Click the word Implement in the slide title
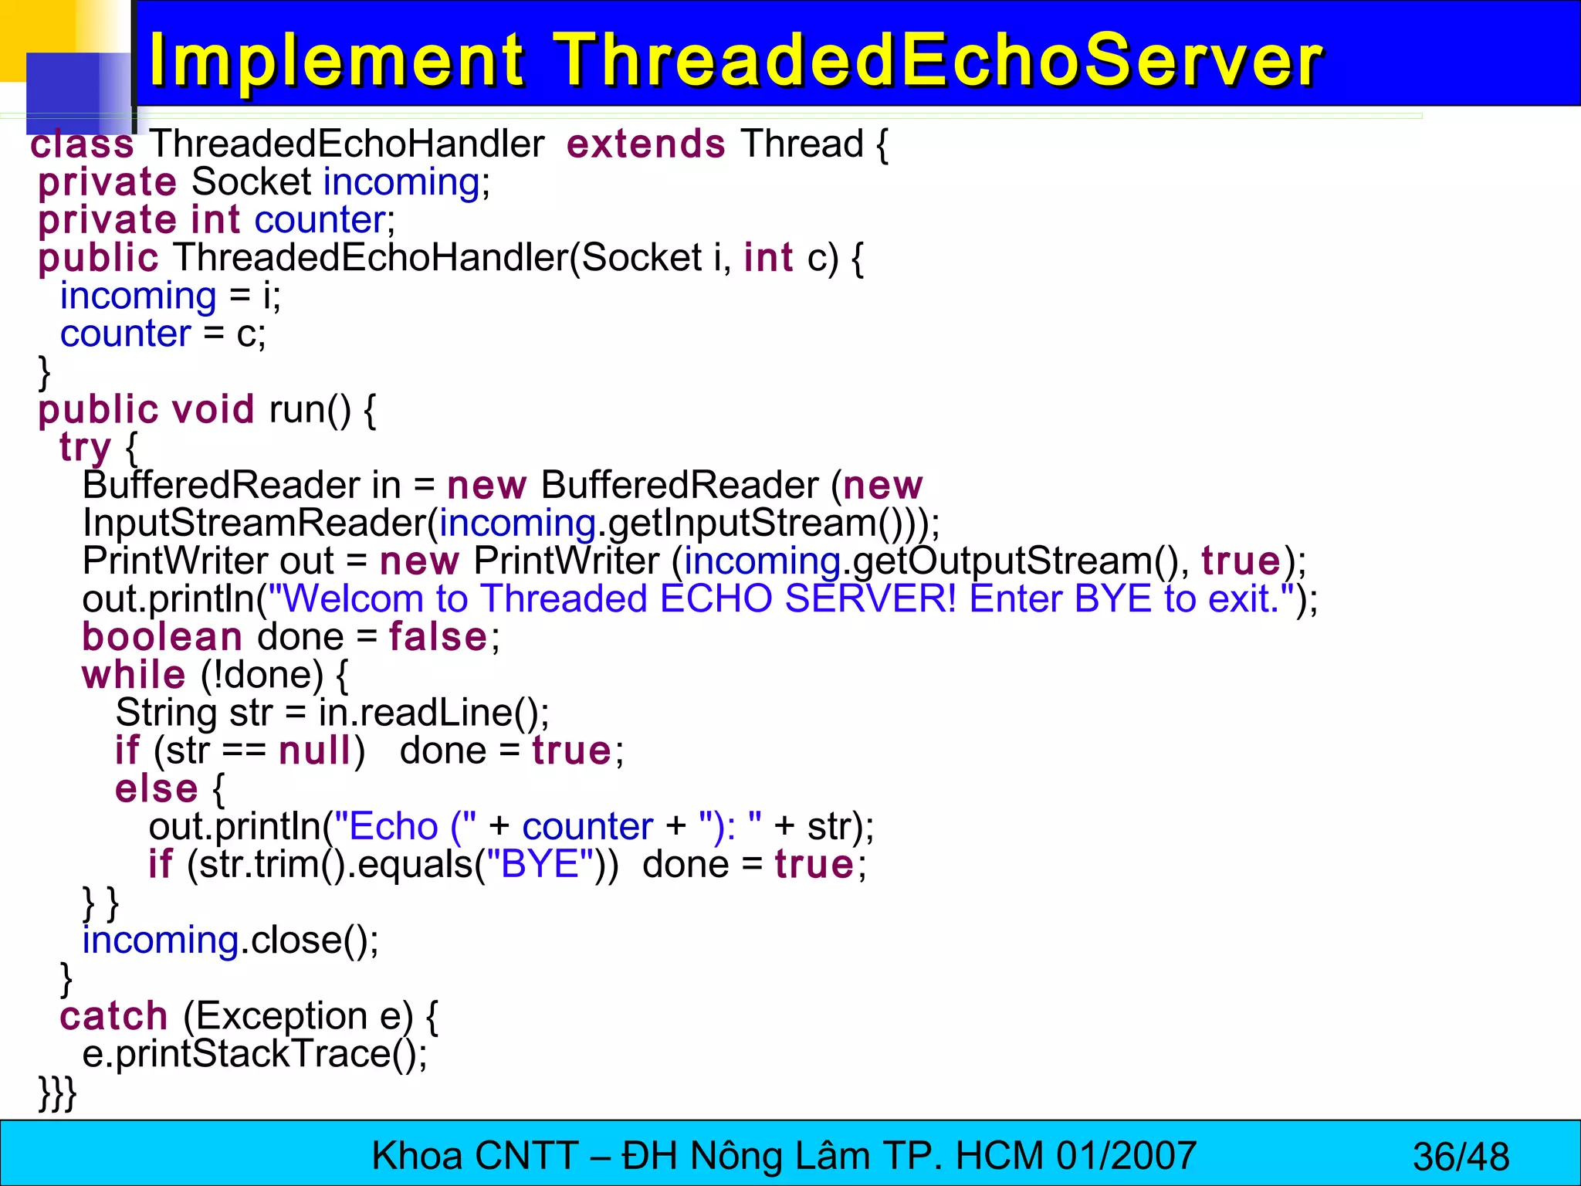tap(337, 60)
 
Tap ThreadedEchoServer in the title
tap(939, 60)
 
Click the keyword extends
tap(645, 144)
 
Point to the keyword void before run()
tap(212, 409)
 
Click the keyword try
tap(85, 448)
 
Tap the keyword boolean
tap(162, 637)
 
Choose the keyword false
tap(438, 637)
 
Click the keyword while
tap(134, 675)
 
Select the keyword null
tap(315, 751)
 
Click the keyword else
tap(157, 788)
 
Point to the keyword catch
tap(113, 1016)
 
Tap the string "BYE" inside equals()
tap(540, 864)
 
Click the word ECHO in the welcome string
tap(716, 599)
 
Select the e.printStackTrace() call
tap(255, 1054)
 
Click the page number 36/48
tap(1461, 1157)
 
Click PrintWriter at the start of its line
tap(175, 561)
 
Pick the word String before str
tap(166, 713)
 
